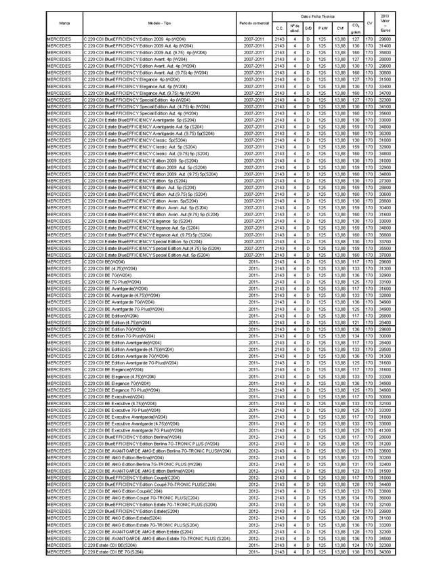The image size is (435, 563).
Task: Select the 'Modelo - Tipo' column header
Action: [x=159, y=23]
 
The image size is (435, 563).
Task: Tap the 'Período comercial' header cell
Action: [x=255, y=23]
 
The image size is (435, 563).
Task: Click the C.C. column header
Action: [x=280, y=28]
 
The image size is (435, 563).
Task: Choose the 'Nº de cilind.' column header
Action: [x=295, y=28]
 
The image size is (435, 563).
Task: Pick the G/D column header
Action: [x=309, y=28]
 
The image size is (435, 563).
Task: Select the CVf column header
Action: [x=340, y=28]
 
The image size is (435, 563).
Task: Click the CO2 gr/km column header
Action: [x=356, y=28]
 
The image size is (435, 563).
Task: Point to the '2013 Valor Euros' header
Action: [x=386, y=23]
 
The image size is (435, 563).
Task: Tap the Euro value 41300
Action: [x=386, y=431]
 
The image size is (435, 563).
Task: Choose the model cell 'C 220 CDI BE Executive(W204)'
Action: [x=115, y=397]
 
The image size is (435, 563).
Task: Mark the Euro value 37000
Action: [x=386, y=255]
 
